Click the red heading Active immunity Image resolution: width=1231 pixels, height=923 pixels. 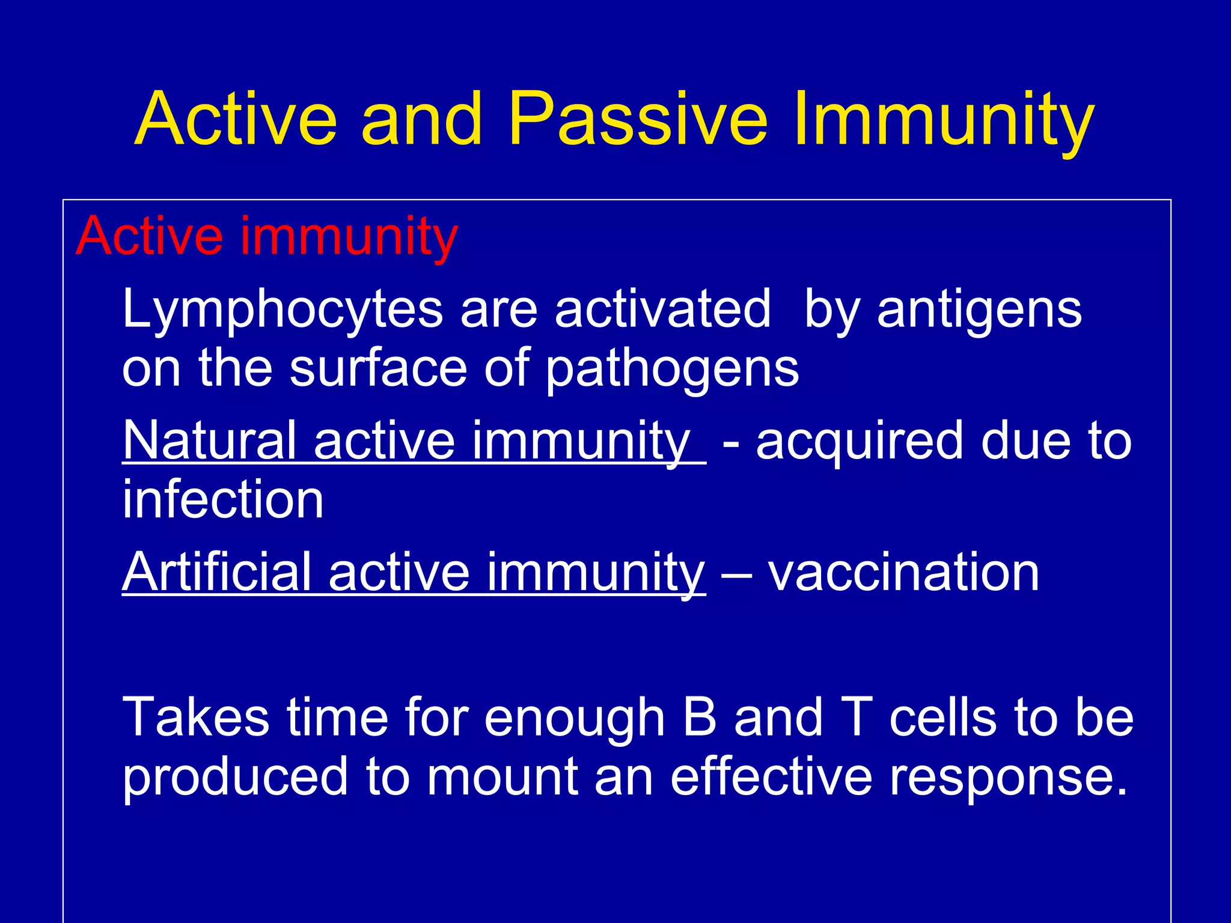click(267, 236)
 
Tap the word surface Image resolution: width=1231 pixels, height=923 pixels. click(378, 368)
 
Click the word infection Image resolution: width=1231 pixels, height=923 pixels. click(223, 500)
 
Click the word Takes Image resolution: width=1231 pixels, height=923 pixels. click(195, 717)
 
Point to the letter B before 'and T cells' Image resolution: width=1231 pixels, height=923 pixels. click(700, 717)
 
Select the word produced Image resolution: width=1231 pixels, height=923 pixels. click(235, 778)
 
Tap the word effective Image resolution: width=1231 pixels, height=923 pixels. click(771, 776)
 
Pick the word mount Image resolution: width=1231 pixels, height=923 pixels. click(502, 778)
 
